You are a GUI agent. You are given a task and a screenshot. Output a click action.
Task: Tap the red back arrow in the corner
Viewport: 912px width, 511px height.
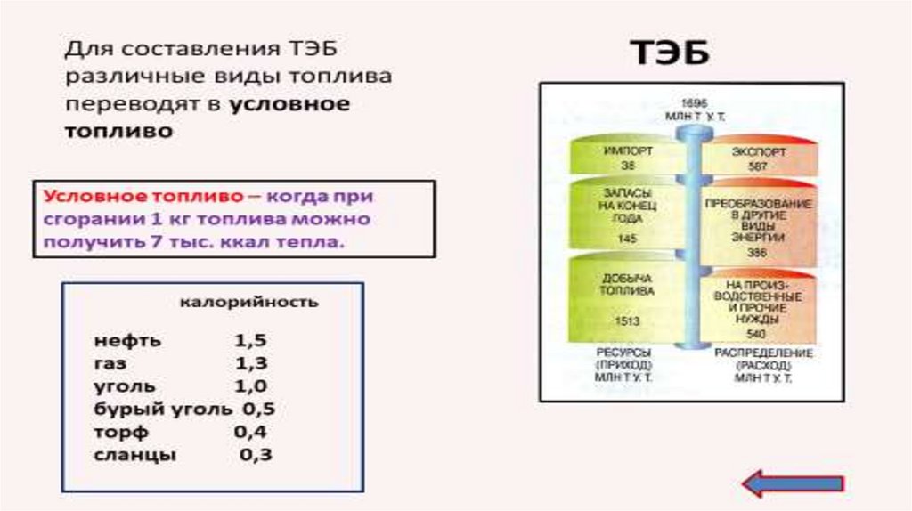792,483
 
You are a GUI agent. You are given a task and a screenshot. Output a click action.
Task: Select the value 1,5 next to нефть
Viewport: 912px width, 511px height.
251,341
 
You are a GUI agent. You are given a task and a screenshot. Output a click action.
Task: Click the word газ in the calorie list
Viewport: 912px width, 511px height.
110,364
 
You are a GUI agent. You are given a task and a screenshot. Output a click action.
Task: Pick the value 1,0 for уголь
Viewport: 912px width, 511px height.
251,386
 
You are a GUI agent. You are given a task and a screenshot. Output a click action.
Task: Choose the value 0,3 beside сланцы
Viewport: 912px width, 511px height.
255,455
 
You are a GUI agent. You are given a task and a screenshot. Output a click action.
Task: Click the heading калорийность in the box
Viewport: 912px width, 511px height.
248,303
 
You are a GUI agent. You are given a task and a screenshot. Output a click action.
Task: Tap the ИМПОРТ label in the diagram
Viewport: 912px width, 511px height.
628,151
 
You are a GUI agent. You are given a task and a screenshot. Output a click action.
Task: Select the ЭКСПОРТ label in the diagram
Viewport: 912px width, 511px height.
759,152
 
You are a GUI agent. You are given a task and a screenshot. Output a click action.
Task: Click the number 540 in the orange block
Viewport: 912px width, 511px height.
758,333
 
